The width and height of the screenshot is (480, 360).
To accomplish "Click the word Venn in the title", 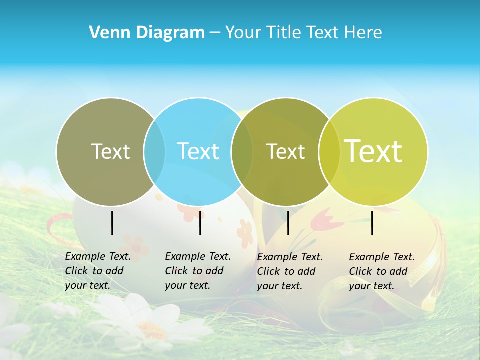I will tap(106, 32).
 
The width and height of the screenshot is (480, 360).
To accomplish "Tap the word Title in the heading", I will tap(283, 32).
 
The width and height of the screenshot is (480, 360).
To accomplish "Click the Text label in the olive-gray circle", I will tap(110, 151).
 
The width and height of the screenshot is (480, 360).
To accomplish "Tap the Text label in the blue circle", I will tap(198, 151).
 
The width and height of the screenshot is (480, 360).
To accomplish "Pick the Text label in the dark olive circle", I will tap(285, 151).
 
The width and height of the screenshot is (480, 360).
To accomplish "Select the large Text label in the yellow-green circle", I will tap(373, 151).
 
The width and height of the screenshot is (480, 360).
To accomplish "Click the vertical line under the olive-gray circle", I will tap(112, 223).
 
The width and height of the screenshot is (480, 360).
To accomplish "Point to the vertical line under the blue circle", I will tap(200, 223).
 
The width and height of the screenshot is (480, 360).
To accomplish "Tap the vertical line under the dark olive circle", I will tap(288, 223).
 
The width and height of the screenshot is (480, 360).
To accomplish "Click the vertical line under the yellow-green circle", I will tap(372, 223).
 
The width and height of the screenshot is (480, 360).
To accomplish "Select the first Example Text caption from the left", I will tap(97, 271).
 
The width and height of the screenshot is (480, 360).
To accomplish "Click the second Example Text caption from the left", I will tap(197, 271).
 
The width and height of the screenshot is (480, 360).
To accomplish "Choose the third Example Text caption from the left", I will tap(289, 271).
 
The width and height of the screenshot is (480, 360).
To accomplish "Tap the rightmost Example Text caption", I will tap(381, 271).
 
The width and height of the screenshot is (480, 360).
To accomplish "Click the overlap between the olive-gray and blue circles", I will tap(154, 151).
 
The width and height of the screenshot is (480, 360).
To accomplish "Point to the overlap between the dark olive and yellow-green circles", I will tap(329, 151).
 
